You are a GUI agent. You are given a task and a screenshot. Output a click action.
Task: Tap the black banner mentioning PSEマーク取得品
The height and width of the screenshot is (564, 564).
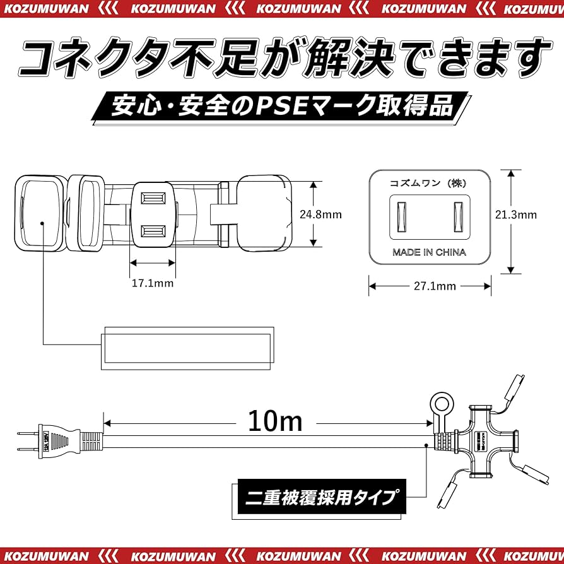pos(281,107)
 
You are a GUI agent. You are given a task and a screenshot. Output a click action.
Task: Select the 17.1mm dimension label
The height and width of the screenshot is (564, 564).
pos(152,283)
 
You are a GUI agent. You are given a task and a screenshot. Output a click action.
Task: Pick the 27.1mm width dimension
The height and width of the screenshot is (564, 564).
pos(430,286)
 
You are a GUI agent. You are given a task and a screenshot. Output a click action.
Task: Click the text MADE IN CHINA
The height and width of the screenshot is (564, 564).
pos(429,252)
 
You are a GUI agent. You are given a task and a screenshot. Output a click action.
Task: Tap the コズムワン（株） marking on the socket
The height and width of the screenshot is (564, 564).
pos(429,182)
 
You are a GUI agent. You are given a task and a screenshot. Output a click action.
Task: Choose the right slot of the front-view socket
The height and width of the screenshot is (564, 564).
pos(459,217)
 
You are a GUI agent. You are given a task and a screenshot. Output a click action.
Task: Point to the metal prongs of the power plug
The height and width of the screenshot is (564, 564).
pos(26,441)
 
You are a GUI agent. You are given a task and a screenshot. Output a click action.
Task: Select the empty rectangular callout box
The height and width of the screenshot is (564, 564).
pos(187,348)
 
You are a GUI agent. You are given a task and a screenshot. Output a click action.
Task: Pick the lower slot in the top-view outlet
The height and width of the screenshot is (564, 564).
pos(152,231)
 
